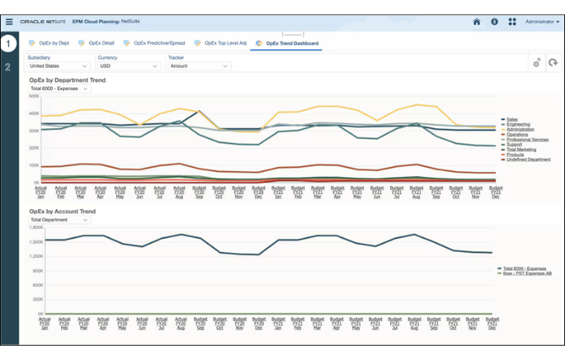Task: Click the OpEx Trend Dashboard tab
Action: tap(292, 43)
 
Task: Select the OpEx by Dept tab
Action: tap(53, 43)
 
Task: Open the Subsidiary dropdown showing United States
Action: tap(58, 66)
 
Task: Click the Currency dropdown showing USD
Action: tap(129, 66)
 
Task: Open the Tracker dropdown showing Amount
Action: tap(198, 66)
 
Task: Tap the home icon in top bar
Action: tap(477, 22)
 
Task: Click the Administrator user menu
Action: tap(542, 22)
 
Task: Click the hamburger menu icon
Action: tap(9, 22)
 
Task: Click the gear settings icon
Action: tap(536, 63)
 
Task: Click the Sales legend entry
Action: tap(514, 119)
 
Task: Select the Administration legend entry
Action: tap(523, 129)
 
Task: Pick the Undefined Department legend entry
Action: tap(529, 159)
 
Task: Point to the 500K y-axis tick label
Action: tap(34, 96)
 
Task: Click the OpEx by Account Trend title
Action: tap(62, 211)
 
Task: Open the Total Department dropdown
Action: tap(59, 220)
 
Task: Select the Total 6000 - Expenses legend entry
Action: tap(524, 268)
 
